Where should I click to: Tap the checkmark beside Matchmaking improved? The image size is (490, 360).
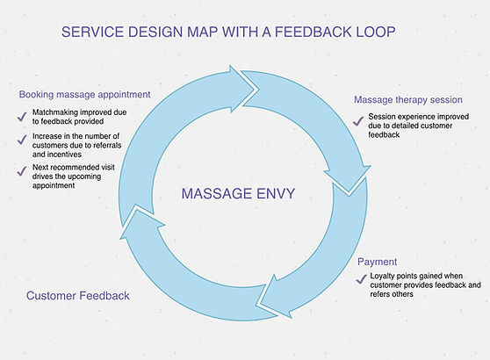[19, 116]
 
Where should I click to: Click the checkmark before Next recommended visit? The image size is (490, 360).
[19, 173]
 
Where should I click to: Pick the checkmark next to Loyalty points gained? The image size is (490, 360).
[361, 279]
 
